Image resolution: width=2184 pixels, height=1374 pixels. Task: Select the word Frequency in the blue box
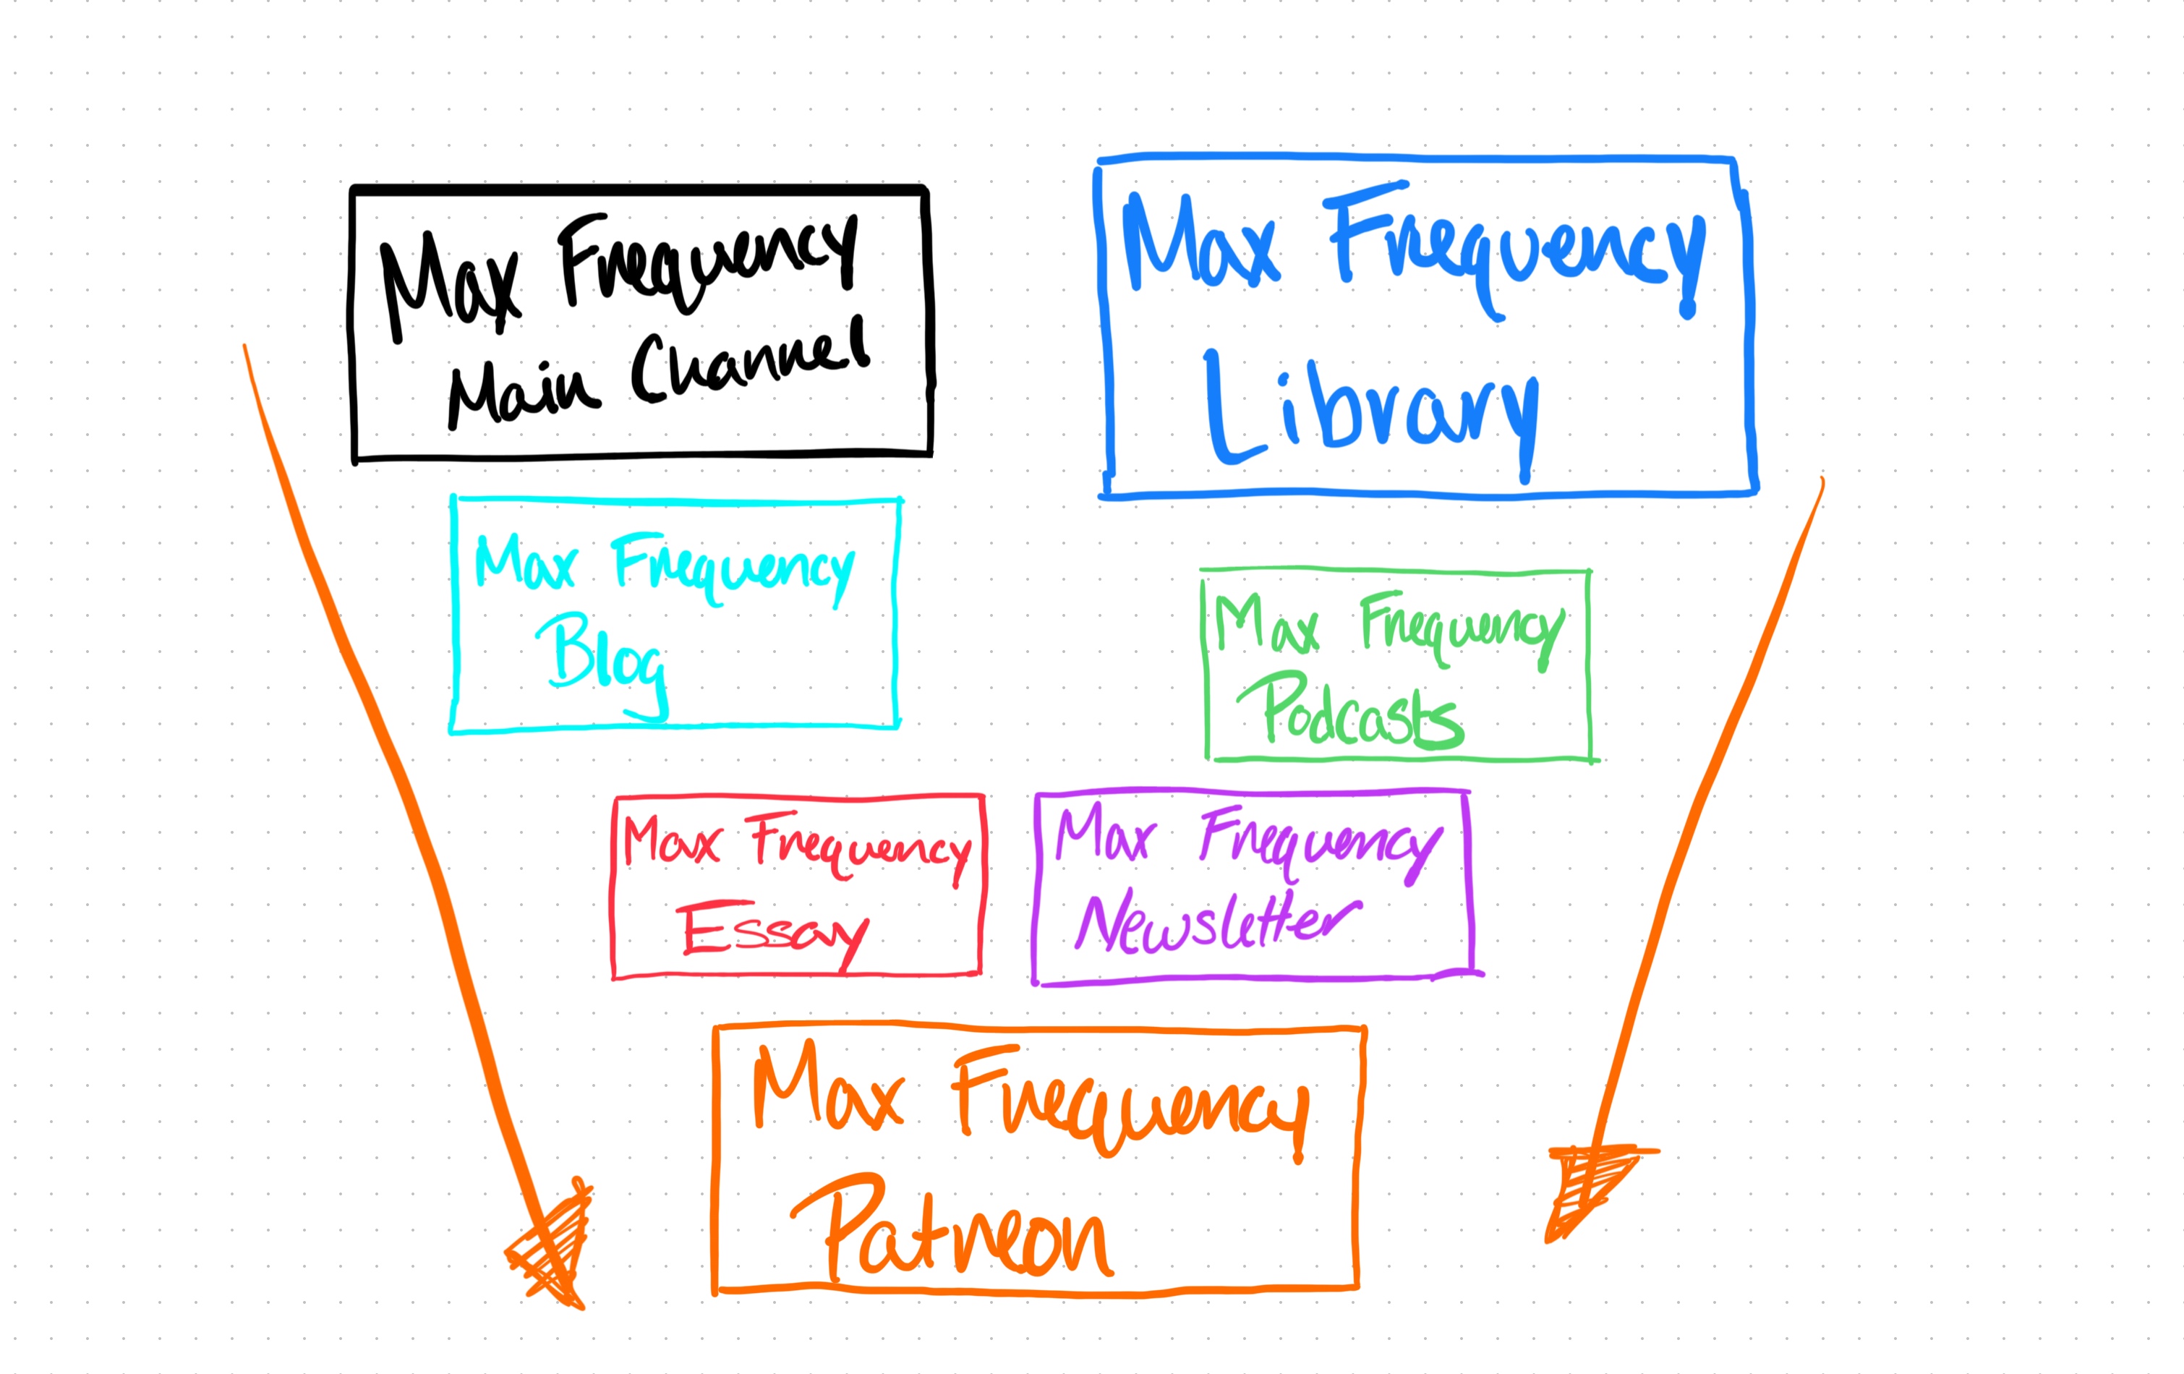pos(1514,245)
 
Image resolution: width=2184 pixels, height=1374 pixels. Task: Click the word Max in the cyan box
pos(526,563)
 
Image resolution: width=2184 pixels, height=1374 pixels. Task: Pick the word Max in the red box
pos(672,841)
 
